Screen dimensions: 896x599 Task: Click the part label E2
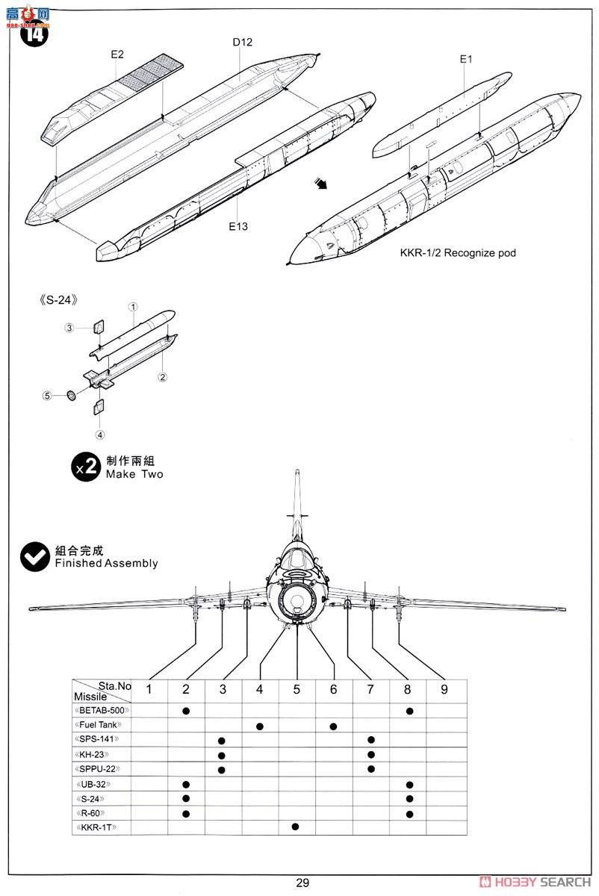click(x=117, y=55)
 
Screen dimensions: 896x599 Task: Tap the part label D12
click(x=242, y=43)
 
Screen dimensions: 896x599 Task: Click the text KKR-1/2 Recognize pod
click(x=458, y=253)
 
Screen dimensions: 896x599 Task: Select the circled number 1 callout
click(x=132, y=307)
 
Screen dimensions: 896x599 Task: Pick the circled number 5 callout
click(x=47, y=396)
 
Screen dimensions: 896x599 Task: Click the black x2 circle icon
click(x=86, y=467)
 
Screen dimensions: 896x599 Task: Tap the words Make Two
click(x=134, y=474)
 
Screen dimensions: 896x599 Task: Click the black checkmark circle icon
click(x=35, y=557)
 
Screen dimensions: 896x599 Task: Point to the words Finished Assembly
click(x=106, y=564)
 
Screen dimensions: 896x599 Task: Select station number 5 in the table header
click(x=297, y=689)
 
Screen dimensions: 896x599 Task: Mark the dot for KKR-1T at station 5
click(x=297, y=827)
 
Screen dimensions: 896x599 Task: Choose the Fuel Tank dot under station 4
click(x=259, y=726)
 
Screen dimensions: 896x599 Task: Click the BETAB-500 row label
click(x=102, y=711)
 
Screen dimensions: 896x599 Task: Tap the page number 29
click(x=302, y=883)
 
